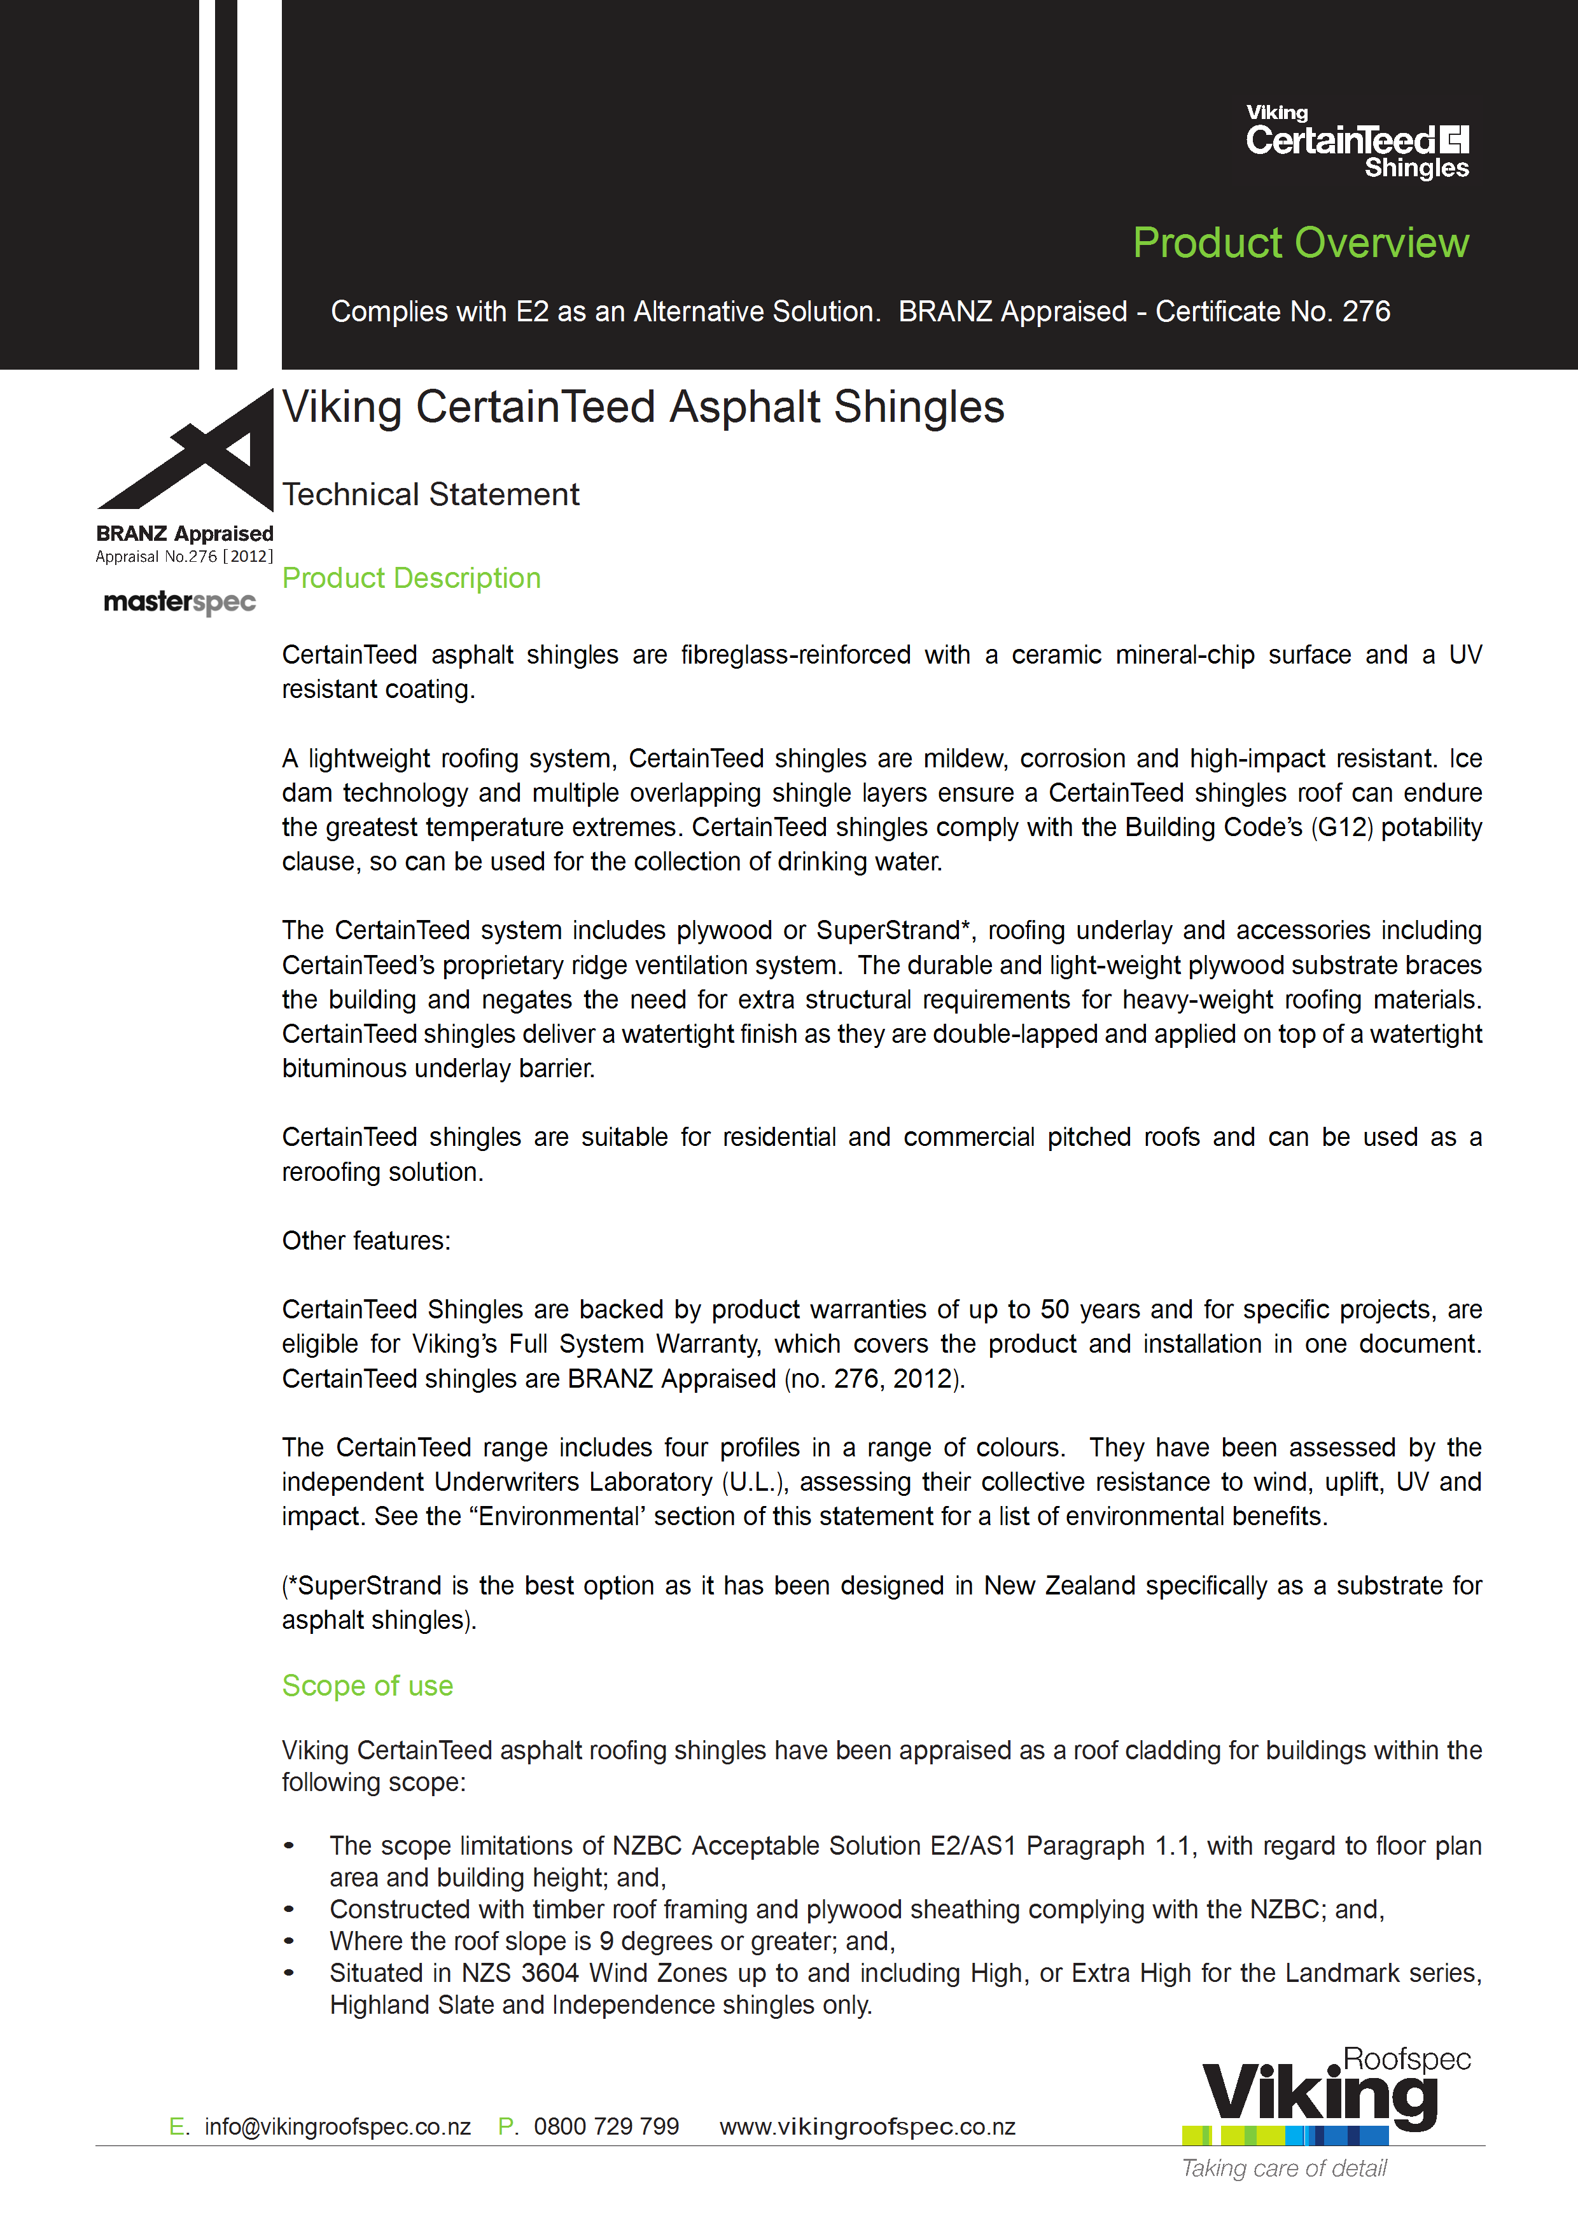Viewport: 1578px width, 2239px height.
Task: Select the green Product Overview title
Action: point(1300,243)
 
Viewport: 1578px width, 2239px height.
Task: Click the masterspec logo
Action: point(179,603)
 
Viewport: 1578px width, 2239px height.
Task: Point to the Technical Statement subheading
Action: point(430,494)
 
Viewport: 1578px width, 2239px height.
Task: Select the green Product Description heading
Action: point(410,578)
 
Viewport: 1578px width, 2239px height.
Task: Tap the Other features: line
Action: point(366,1241)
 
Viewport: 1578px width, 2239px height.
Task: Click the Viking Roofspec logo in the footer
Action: point(1327,2096)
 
